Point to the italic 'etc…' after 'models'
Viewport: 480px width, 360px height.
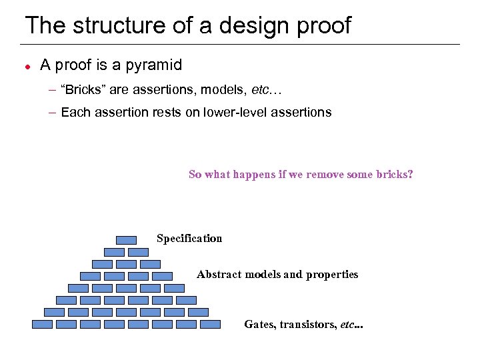267,89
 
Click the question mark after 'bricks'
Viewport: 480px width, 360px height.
411,175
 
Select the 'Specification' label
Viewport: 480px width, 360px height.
189,239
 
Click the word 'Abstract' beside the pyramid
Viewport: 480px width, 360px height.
219,275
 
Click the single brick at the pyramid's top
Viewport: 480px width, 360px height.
126,240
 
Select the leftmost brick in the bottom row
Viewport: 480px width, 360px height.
42,324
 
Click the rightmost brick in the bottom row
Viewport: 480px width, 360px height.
210,324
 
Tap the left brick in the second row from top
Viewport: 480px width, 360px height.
114,252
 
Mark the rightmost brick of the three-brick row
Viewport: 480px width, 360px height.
150,264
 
